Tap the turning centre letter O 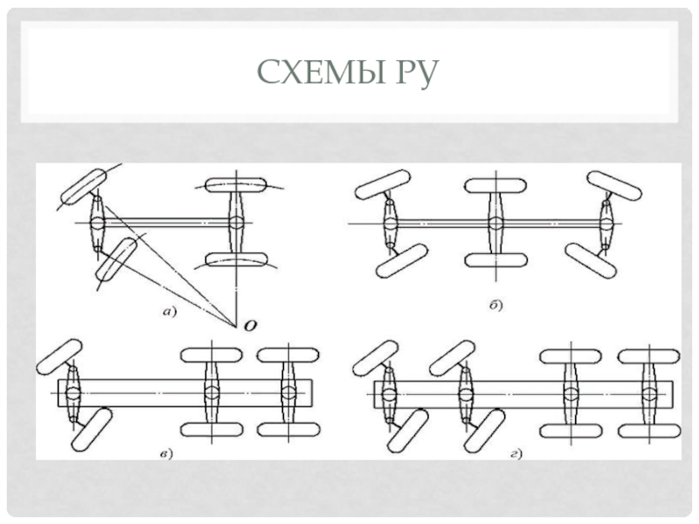pos(251,325)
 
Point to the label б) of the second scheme pos(495,305)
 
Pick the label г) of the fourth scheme pos(517,452)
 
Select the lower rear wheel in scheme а pos(236,260)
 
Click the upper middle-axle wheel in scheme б pos(495,186)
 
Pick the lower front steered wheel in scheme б pos(401,261)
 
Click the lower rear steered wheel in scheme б pos(586,259)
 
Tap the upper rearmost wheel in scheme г pos(647,355)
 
